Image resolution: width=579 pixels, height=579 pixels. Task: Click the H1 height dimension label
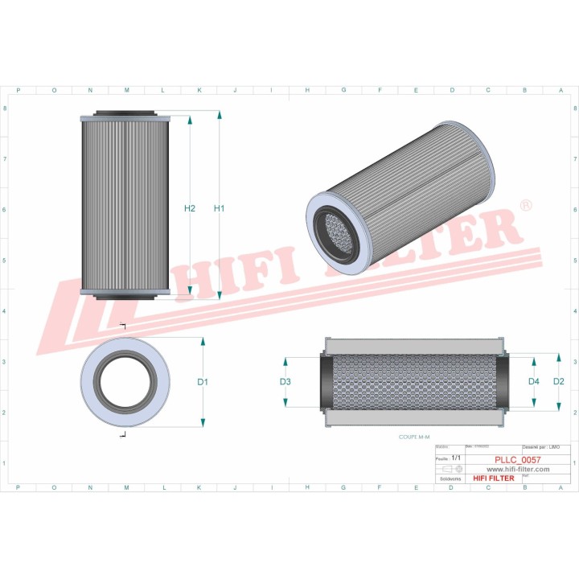point(219,209)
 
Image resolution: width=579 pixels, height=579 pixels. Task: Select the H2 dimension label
point(190,209)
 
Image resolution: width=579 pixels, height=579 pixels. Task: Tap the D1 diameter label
point(203,382)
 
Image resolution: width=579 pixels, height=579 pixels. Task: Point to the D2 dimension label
point(559,381)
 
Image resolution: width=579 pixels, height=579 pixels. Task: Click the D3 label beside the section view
point(285,381)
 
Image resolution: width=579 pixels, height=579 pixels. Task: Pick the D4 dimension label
point(533,381)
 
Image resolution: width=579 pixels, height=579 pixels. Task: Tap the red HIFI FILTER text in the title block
point(491,478)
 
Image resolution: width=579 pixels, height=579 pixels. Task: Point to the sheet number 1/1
point(457,458)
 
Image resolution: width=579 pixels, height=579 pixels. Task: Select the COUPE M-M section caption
point(414,437)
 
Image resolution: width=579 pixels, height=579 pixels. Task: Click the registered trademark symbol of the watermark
point(526,206)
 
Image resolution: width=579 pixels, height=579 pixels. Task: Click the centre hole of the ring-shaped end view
point(125,382)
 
